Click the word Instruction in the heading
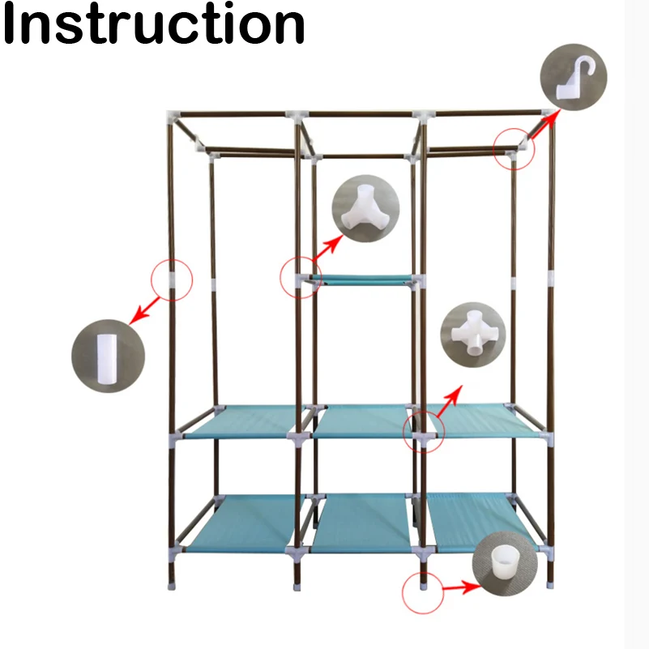click(154, 25)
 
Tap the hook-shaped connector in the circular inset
click(573, 77)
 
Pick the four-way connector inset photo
click(472, 333)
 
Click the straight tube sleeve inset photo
click(107, 356)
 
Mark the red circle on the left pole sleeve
click(172, 280)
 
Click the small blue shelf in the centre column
click(361, 280)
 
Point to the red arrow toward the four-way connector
click(449, 402)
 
